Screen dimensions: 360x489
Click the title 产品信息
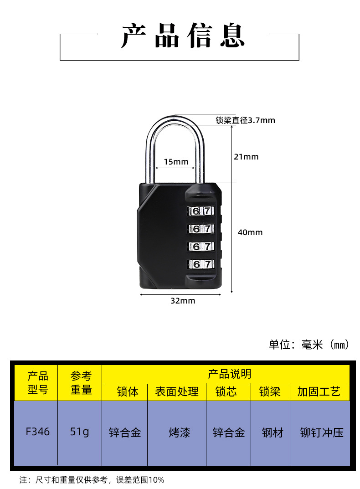click(183, 36)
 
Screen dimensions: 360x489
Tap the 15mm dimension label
click(176, 162)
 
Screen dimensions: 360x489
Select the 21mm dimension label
click(246, 157)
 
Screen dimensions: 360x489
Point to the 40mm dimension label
click(250, 232)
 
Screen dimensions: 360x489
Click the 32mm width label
click(183, 301)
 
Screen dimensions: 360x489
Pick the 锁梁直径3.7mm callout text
click(245, 120)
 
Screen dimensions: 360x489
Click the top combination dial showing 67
click(201, 211)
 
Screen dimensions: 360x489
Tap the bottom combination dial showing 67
click(201, 264)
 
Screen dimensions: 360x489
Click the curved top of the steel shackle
click(175, 119)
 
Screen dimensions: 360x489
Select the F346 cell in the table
click(38, 432)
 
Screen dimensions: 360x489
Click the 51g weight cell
click(80, 432)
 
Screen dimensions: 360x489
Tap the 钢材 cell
click(273, 432)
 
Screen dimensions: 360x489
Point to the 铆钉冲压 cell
click(322, 432)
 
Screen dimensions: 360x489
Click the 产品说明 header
click(229, 374)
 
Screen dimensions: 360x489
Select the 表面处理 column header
click(177, 392)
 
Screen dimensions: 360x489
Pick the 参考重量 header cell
click(81, 383)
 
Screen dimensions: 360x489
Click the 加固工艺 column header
click(319, 392)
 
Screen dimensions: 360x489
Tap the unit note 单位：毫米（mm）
click(309, 345)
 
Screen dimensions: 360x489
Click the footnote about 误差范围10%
click(92, 479)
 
